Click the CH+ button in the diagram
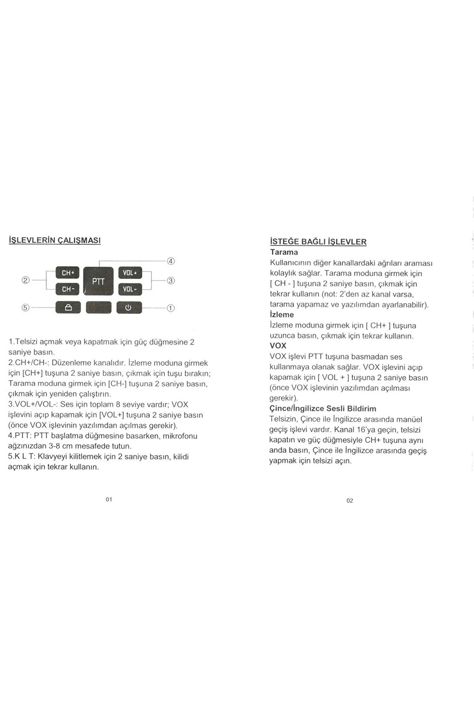[67, 273]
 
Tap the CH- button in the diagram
[67, 289]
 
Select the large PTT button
[98, 281]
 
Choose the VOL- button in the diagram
[130, 289]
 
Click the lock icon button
[68, 307]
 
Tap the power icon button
[129, 307]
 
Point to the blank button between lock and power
[98, 307]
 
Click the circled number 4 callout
[171, 261]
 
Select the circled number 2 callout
[26, 280]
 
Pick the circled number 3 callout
[171, 281]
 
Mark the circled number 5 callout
[26, 308]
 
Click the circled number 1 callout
[171, 308]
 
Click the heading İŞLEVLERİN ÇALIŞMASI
[54, 240]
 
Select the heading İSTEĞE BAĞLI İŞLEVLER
[318, 242]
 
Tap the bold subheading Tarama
[284, 252]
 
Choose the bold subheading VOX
[278, 346]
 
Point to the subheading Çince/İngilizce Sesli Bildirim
[323, 408]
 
